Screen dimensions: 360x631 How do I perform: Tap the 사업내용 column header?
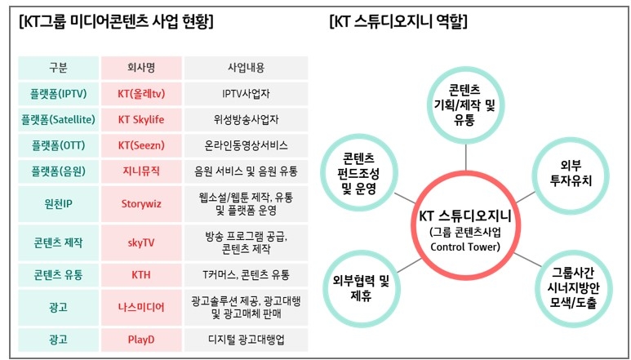[x=245, y=68]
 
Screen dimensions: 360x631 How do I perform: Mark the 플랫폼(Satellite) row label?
[x=59, y=119]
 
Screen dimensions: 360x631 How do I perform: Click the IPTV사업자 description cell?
[x=245, y=94]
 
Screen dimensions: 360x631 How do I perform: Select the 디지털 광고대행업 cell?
[x=245, y=338]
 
